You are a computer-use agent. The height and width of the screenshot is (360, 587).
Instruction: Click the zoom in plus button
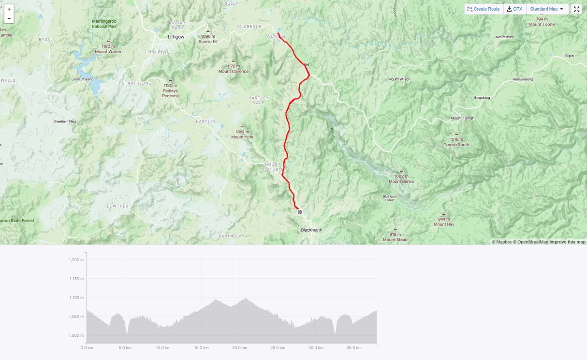coord(9,9)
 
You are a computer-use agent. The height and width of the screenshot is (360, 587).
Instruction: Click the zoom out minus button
coord(9,18)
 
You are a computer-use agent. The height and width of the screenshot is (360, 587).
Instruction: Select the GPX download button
coord(514,9)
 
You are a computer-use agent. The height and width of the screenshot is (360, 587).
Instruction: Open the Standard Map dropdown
coord(547,9)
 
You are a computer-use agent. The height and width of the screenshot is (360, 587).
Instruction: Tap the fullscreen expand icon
coord(576,9)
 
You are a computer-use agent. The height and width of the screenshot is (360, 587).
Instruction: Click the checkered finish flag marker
coord(300,212)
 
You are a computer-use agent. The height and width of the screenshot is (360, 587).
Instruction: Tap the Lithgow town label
coord(176,37)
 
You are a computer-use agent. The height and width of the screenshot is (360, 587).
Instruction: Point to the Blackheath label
coord(311,230)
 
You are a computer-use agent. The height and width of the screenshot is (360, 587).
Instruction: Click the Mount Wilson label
coord(399,79)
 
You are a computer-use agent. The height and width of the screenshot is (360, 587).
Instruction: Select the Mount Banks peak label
coord(401,181)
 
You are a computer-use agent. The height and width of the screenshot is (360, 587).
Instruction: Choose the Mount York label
coord(242,137)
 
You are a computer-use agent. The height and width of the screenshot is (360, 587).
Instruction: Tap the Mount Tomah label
coord(462,118)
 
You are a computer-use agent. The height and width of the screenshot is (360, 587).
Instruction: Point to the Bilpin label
coord(570,56)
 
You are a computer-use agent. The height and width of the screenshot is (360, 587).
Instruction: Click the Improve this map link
coord(567,242)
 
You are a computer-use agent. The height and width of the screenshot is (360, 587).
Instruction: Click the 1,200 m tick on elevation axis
coord(76,260)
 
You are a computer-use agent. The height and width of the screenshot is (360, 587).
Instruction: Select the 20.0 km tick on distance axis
coord(239,348)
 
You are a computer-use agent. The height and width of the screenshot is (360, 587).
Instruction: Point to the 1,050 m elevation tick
coord(76,316)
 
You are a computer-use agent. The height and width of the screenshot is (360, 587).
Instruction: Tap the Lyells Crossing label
coord(82,79)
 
